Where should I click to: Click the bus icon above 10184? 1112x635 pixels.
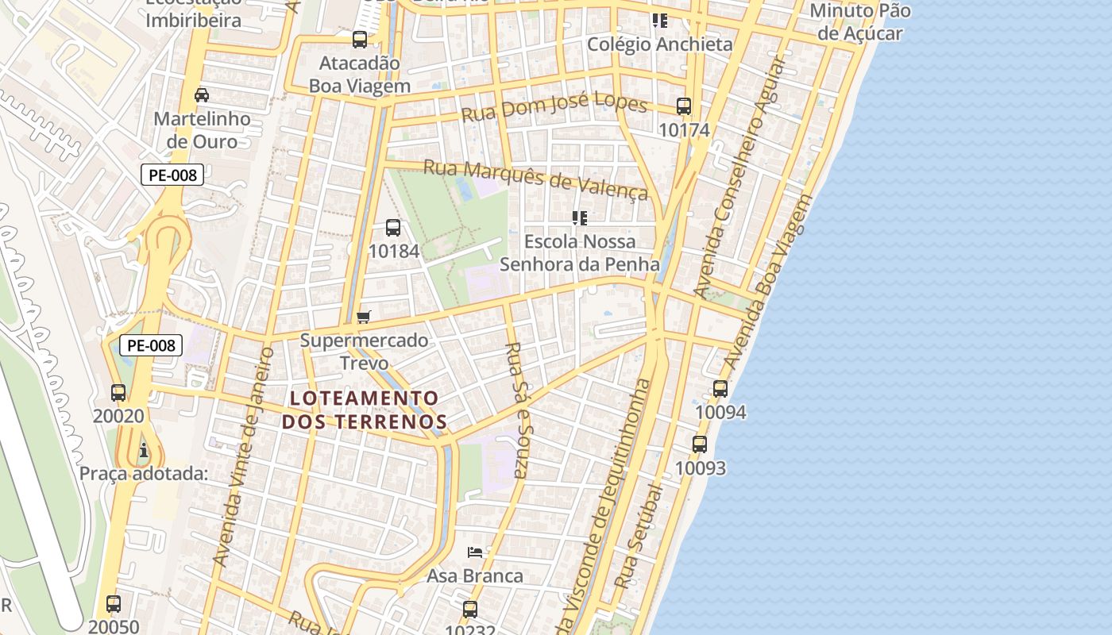pyautogui.click(x=392, y=228)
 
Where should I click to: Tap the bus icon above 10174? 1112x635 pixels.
pyautogui.click(x=684, y=106)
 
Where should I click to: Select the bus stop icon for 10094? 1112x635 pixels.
pyautogui.click(x=720, y=389)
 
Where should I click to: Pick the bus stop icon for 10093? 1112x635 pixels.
pyautogui.click(x=700, y=444)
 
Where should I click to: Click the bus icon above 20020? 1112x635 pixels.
pyautogui.click(x=118, y=392)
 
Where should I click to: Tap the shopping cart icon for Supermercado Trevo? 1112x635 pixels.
pyautogui.click(x=364, y=317)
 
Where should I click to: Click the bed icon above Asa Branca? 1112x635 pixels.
pyautogui.click(x=475, y=552)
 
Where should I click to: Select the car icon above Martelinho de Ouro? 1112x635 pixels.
pyautogui.click(x=202, y=95)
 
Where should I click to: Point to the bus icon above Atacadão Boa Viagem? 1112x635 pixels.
pyautogui.click(x=360, y=40)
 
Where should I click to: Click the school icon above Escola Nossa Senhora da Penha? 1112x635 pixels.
pyautogui.click(x=580, y=217)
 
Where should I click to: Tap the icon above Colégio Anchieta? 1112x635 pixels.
pyautogui.click(x=659, y=21)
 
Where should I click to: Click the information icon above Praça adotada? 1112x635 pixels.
pyautogui.click(x=144, y=451)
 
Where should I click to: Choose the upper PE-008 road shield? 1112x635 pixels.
pyautogui.click(x=172, y=175)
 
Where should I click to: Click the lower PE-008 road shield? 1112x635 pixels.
pyautogui.click(x=151, y=345)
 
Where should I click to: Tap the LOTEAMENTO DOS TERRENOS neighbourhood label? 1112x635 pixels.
pyautogui.click(x=365, y=410)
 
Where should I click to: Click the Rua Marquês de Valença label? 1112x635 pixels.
pyautogui.click(x=536, y=179)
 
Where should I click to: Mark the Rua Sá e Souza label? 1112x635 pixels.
pyautogui.click(x=516, y=410)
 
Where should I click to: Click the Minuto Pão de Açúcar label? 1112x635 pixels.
pyautogui.click(x=860, y=21)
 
